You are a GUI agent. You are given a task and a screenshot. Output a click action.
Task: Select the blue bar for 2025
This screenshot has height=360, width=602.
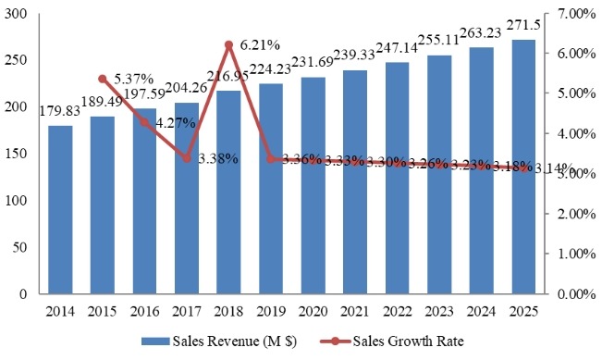523,167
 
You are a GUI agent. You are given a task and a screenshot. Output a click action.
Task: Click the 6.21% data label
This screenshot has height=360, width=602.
260,44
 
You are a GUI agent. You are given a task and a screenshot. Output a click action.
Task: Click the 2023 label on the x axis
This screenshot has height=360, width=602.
438,311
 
